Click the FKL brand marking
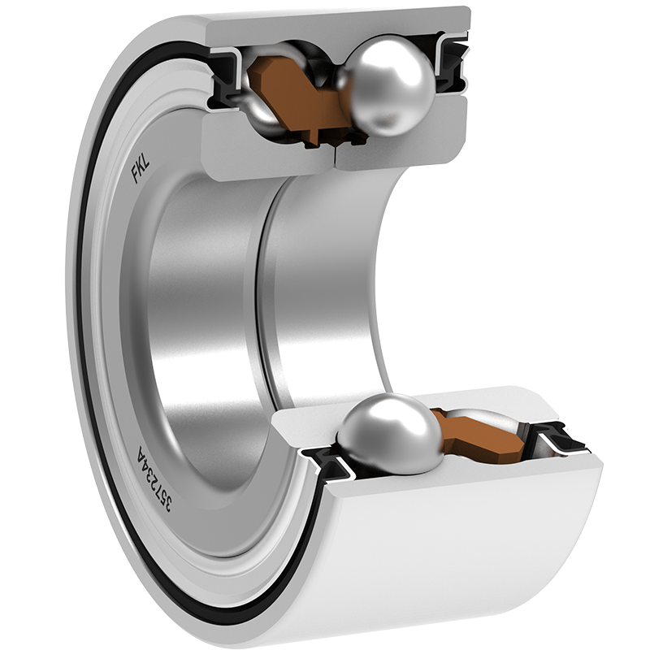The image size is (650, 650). pyautogui.click(x=141, y=168)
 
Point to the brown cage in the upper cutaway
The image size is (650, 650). pyautogui.click(x=298, y=97)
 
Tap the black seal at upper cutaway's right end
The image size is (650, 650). pyautogui.click(x=453, y=67)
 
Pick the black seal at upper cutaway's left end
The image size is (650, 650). pyautogui.click(x=226, y=80)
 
